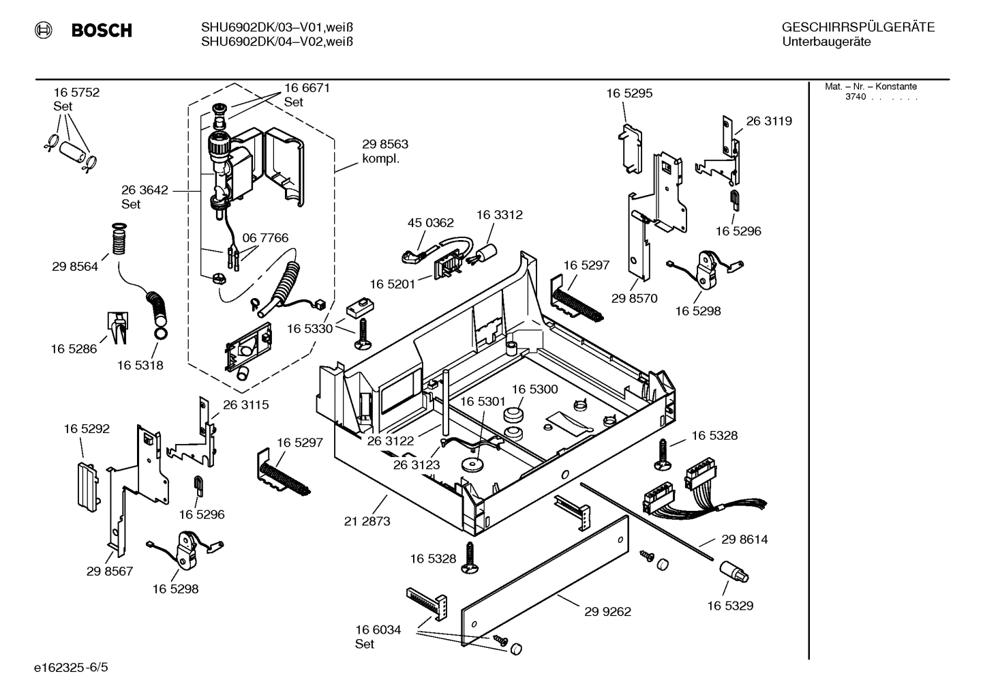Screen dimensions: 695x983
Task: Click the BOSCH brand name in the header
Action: [101, 31]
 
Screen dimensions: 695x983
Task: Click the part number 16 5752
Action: [76, 93]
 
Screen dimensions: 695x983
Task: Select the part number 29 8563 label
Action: [385, 145]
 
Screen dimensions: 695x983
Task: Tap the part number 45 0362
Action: [430, 223]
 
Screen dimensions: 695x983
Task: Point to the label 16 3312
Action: [499, 215]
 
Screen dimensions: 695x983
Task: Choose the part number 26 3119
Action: [769, 121]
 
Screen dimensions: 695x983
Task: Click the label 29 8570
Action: [634, 298]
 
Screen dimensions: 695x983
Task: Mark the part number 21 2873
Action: [367, 522]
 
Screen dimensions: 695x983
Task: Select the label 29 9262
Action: [607, 612]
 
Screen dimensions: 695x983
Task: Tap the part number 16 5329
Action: [729, 606]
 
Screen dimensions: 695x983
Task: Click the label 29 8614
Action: [744, 539]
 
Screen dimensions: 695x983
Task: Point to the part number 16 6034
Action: [378, 630]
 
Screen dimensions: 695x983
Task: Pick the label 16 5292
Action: [87, 429]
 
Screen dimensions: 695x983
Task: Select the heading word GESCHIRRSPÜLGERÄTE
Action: [858, 27]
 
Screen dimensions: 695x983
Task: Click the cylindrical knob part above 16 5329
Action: [735, 572]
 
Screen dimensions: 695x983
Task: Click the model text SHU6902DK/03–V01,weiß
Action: [277, 27]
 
